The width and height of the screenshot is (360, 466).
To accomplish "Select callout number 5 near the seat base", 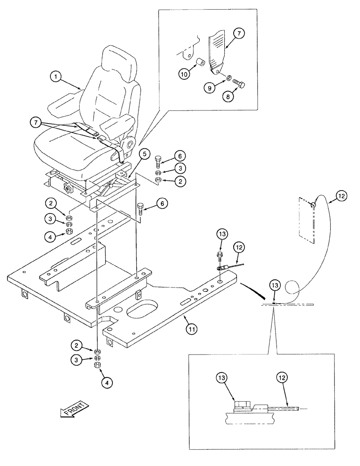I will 145,154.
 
